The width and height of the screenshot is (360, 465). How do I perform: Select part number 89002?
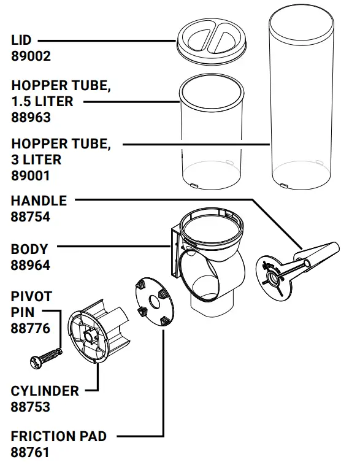pos(31,56)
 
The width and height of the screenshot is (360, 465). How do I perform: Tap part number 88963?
pos(31,117)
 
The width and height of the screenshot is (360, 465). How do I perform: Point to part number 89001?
pos(31,175)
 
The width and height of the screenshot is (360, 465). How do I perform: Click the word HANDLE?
pos(39,201)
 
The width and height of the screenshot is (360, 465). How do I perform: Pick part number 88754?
pos(31,217)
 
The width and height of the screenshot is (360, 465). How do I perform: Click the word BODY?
pos(29,250)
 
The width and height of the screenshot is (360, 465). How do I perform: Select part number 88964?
pos(31,266)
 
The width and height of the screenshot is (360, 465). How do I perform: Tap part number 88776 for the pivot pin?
pos(31,328)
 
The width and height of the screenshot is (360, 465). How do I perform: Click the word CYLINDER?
pos(45,391)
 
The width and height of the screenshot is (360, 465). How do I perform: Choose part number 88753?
pos(31,407)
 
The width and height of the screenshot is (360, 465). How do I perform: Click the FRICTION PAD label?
pos(59,437)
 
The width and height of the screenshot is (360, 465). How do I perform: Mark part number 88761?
pos(31,453)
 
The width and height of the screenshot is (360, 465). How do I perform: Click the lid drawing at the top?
pos(210,42)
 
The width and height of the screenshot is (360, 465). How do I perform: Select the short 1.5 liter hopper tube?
pos(210,135)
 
